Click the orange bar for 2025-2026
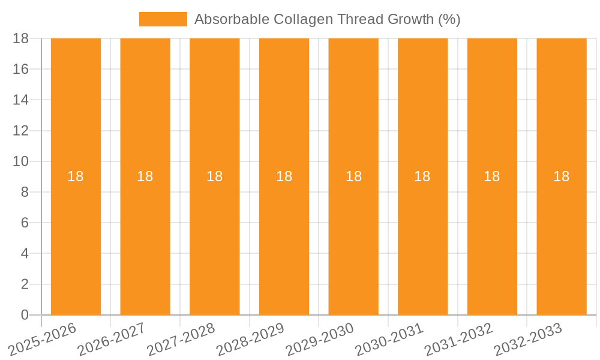coord(76,240)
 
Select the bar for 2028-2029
coord(284,240)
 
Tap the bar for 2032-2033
coord(562,240)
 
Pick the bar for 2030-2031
coord(422,240)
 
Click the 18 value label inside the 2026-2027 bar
coord(145,176)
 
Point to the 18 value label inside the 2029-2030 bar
coord(353,176)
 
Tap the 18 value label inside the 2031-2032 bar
coord(492,176)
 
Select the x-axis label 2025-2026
coord(43,339)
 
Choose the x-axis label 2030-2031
coord(389,339)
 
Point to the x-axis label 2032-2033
coord(528,339)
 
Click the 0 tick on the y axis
coord(25,315)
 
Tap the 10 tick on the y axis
coord(21,161)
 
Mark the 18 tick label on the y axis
coord(21,38)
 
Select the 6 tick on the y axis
coord(25,223)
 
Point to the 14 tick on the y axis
coord(21,100)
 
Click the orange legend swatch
coord(163,19)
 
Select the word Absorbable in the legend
coord(232,19)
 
